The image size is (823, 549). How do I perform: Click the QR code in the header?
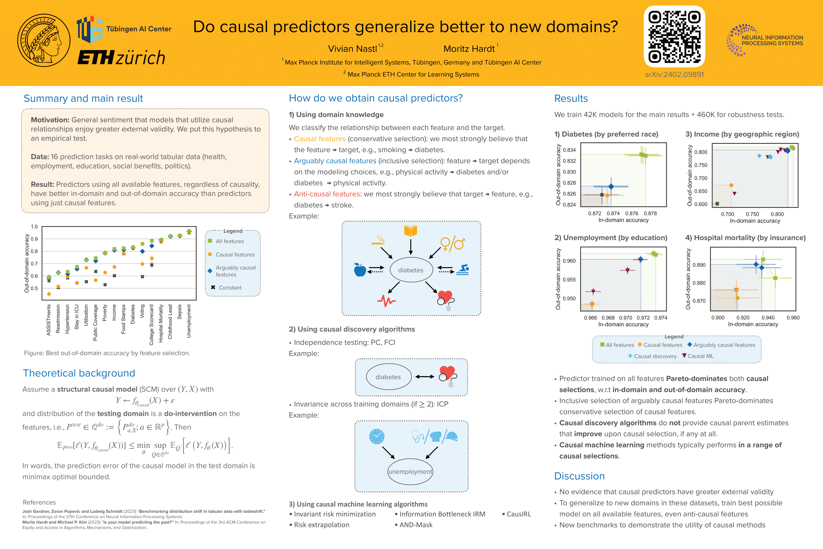(x=674, y=36)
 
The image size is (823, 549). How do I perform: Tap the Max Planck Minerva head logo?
(x=44, y=40)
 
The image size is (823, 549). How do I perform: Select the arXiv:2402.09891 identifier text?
(x=674, y=75)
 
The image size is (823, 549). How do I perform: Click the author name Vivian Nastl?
(x=352, y=49)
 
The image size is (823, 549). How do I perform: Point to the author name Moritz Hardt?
(x=469, y=49)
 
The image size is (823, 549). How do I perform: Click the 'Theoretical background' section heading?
(x=79, y=373)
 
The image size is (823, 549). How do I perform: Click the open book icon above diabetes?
(x=410, y=231)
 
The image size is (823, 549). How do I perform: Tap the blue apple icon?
(x=360, y=270)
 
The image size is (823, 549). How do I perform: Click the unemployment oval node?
(x=410, y=472)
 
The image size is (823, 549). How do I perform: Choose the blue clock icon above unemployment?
(x=376, y=437)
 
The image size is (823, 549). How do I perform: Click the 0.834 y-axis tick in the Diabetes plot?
(x=569, y=150)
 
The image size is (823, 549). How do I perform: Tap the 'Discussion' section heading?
(x=580, y=476)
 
